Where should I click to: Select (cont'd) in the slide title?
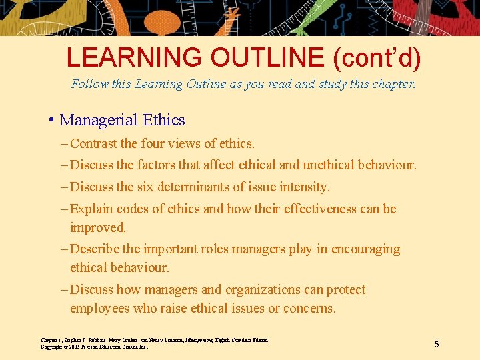tap(377, 58)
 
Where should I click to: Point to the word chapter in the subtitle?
tap(391, 84)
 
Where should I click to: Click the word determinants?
tap(205, 187)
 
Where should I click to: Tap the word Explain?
tap(91, 209)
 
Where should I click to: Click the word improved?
tap(97, 227)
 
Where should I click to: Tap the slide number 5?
tap(437, 344)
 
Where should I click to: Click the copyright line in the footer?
tap(93, 347)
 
